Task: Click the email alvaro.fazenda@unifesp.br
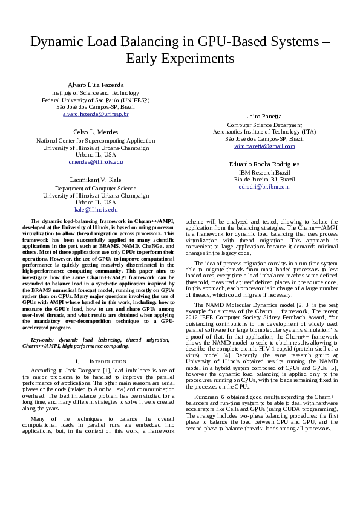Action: [96, 114]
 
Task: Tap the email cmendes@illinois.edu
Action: [96, 162]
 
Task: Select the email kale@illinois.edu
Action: [96, 209]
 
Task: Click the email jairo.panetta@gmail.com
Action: [264, 146]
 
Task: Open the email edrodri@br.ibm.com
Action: [264, 187]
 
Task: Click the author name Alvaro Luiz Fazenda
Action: [96, 85]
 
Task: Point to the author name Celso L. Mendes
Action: [96, 132]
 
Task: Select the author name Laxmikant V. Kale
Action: [96, 180]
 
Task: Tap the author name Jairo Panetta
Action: [264, 116]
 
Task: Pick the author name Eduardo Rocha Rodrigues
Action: [264, 164]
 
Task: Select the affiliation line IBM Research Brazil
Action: [264, 172]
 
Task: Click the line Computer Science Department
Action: [264, 125]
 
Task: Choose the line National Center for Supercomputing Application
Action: [96, 140]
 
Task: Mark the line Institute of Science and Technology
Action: [96, 92]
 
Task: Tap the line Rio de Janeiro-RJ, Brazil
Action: [264, 180]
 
